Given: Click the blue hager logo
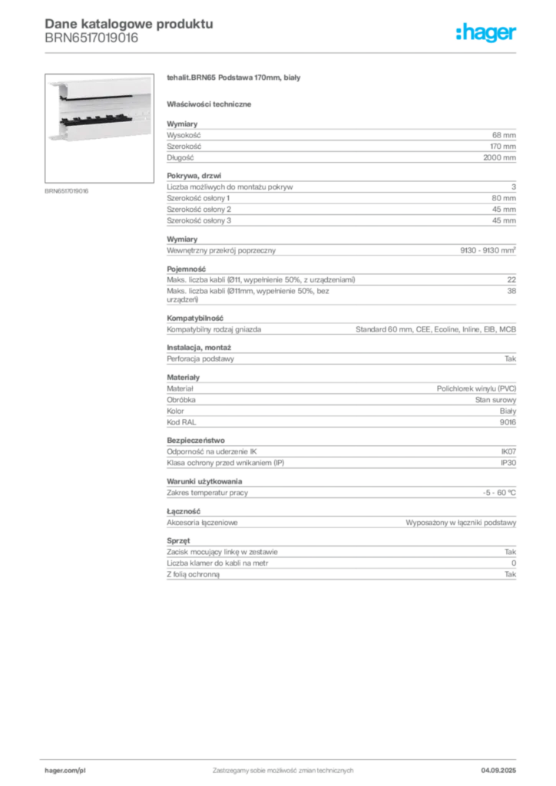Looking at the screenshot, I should [486, 34].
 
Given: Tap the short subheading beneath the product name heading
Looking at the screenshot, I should [212, 103].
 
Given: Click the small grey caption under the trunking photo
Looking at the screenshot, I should [68, 190].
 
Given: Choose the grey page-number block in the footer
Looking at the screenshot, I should [504, 765].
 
